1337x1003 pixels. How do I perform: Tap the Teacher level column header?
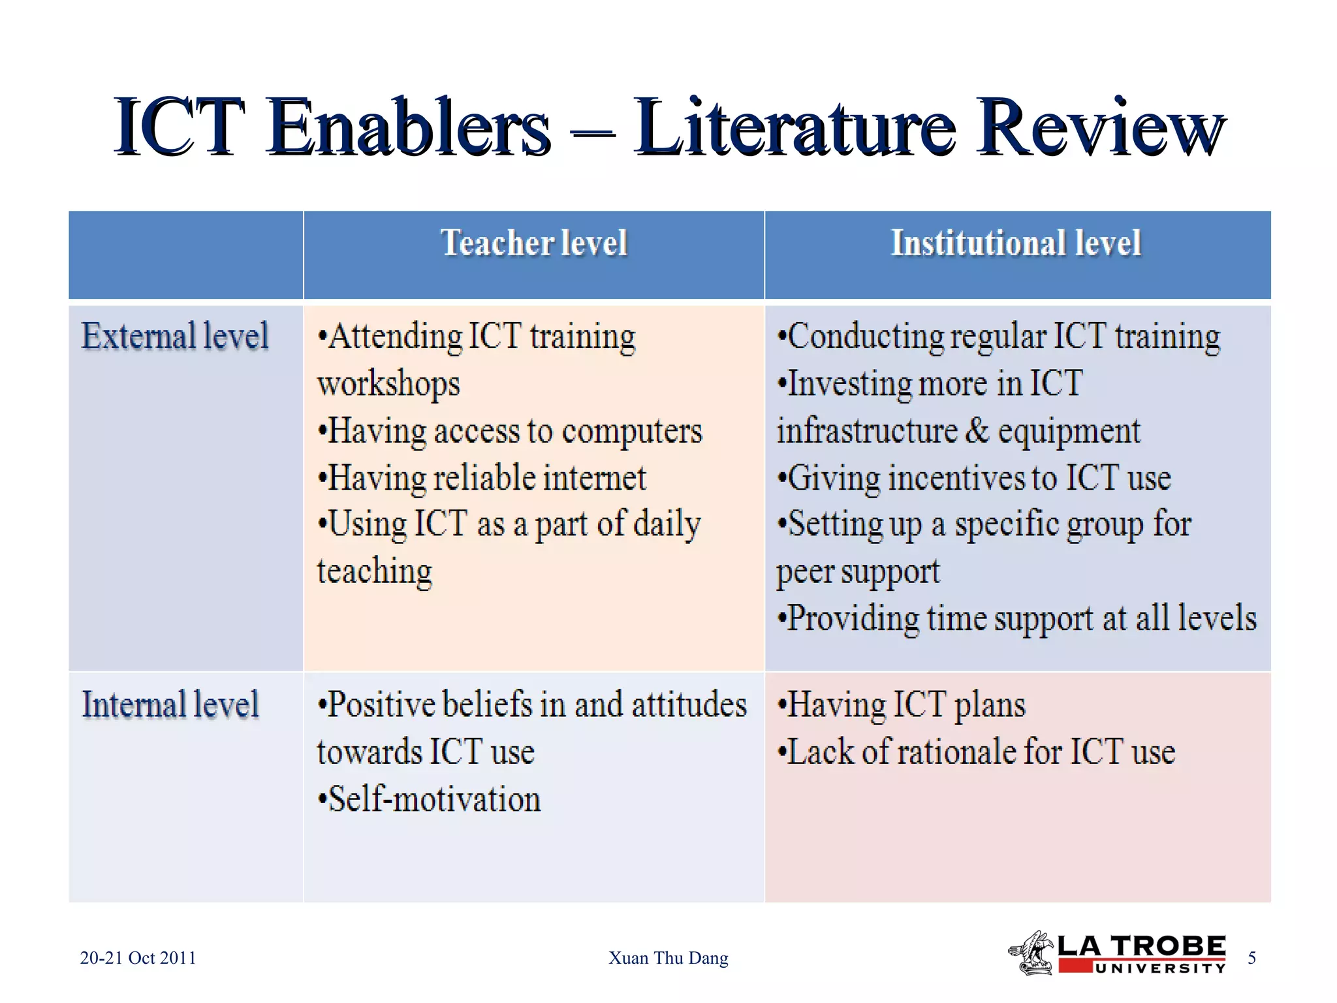(534, 243)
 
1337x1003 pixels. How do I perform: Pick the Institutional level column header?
(1016, 243)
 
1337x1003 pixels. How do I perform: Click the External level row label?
(175, 336)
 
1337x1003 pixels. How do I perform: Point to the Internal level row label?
(170, 705)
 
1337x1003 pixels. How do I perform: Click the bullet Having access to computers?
(510, 431)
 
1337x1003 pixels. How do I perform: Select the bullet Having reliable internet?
(482, 478)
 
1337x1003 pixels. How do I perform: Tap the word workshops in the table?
(388, 383)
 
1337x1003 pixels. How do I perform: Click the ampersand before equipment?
(977, 431)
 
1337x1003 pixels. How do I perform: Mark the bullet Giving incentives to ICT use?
(974, 478)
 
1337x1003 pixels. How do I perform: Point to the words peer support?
(858, 571)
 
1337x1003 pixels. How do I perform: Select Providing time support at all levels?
(1017, 618)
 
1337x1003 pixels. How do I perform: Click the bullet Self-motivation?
(430, 799)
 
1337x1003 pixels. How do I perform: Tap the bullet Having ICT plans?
(902, 705)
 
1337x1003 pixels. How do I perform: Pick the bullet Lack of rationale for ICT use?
(977, 752)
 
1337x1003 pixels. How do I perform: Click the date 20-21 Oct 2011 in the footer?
(138, 958)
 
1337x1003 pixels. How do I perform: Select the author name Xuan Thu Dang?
(668, 958)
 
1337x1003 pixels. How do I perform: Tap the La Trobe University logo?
(1118, 953)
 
